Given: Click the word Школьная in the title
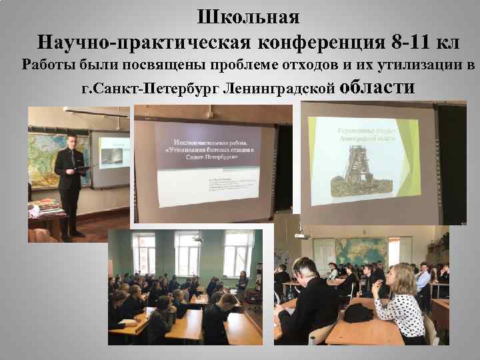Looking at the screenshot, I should [248, 15].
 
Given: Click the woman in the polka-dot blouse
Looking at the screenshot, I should [399, 300].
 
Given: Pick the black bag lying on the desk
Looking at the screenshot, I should [359, 312].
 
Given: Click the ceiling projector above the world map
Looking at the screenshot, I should [302, 233].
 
